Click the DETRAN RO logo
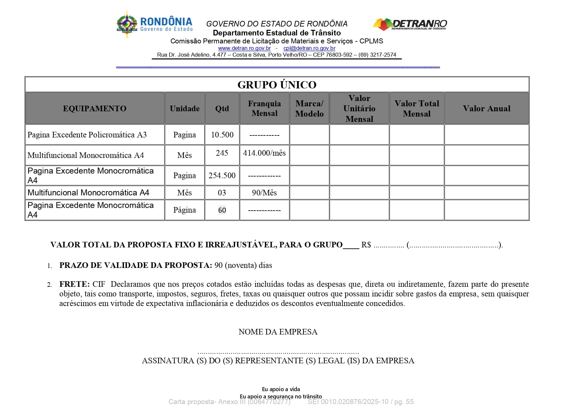pos(410,24)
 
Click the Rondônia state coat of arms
pos(127,24)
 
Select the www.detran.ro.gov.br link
pos(244,48)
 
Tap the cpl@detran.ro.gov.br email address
pos(309,48)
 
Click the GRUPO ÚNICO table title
pos(277,85)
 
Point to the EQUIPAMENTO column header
pos(95,109)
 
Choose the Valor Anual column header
pos(486,109)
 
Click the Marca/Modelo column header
pos(309,109)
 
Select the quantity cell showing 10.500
pos(222,135)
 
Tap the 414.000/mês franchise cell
pos(264,153)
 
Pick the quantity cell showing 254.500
pos(222,176)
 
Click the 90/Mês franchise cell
pos(264,193)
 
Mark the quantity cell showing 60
pos(222,210)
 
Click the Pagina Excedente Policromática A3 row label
pos(87,135)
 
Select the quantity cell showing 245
pos(222,153)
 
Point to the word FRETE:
pos(74,284)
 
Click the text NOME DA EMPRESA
pos(278,332)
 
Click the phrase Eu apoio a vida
pos(281,389)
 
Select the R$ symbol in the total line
pos(366,245)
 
